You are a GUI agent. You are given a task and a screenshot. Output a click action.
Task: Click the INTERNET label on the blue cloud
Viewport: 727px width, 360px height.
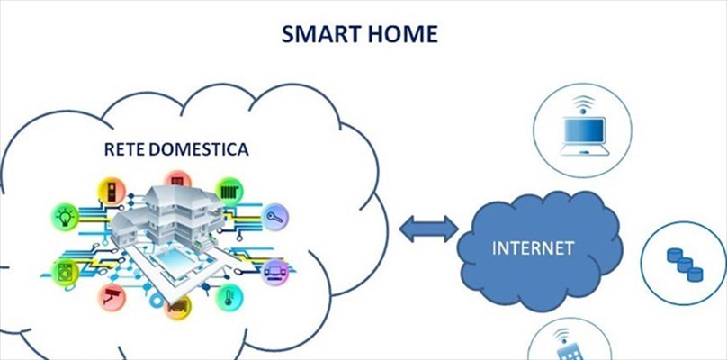coord(534,248)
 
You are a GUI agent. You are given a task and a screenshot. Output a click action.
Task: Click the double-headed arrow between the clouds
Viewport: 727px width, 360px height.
coord(429,229)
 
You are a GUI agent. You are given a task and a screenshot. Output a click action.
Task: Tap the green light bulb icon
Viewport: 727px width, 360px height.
coord(66,217)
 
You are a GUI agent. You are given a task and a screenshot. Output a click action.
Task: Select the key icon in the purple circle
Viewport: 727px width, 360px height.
coord(275,217)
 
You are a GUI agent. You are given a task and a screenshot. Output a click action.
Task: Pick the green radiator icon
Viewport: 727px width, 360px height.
coord(229,192)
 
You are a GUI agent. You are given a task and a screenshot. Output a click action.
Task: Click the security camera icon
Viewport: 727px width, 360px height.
coord(112,297)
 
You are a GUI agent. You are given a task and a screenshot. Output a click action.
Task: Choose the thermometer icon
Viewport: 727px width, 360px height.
coord(229,297)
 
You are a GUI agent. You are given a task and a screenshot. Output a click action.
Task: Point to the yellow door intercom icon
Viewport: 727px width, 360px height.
coord(112,191)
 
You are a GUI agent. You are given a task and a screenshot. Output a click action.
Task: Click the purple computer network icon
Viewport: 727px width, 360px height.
coord(275,273)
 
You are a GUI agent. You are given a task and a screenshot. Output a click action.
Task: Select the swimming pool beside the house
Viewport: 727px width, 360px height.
coord(175,261)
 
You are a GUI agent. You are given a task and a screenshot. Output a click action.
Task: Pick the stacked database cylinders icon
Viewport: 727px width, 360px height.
coord(685,265)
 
